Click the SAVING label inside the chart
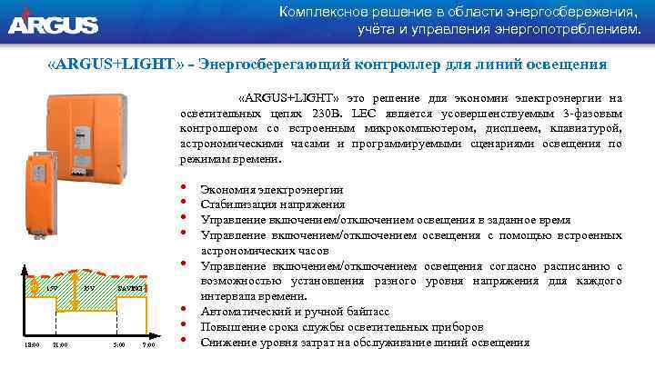click(129, 287)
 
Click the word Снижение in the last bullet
click(228, 343)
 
